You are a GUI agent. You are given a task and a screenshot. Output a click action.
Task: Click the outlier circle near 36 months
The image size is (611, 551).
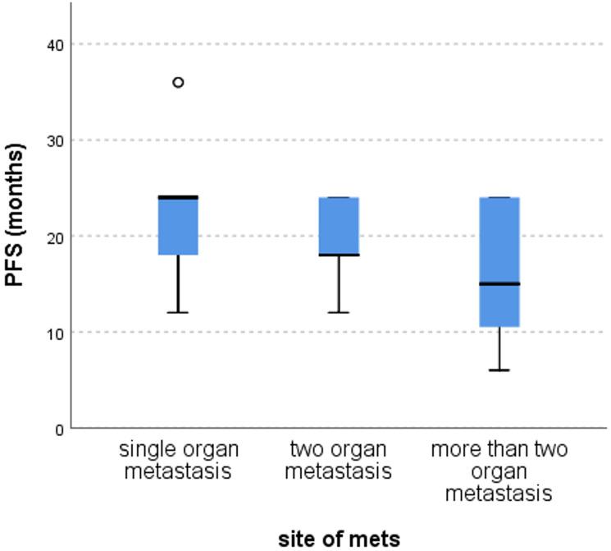(178, 82)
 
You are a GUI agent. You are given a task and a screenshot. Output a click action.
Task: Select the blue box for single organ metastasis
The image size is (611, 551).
(178, 227)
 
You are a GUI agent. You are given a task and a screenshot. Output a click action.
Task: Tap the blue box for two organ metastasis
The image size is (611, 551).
(339, 226)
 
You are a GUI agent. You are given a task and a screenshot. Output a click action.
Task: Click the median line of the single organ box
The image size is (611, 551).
(178, 197)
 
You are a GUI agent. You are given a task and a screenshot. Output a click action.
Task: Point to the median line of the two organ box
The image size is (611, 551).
(339, 255)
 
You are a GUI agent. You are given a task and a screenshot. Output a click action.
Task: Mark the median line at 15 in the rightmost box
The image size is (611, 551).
(499, 283)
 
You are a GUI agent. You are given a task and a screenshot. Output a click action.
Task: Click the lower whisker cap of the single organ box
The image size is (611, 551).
(178, 313)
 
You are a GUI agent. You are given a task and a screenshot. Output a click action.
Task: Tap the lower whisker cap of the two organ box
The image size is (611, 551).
(339, 313)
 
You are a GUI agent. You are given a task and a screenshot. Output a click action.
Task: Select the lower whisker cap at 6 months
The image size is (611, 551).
(499, 370)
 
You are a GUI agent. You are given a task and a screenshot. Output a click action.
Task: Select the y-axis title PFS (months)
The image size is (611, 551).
(15, 215)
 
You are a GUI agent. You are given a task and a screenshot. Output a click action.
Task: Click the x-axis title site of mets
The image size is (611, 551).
(339, 538)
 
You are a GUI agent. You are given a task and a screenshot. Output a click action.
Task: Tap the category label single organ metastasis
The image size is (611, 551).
(179, 461)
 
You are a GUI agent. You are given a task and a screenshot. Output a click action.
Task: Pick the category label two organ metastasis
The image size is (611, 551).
(340, 461)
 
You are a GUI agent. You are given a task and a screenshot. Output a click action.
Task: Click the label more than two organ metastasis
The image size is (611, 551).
(499, 471)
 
